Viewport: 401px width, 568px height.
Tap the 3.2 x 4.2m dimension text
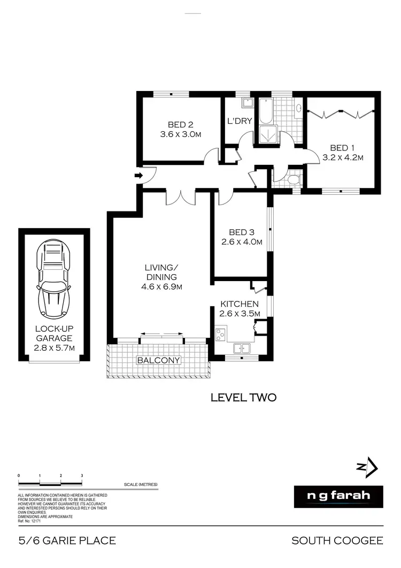click(343, 158)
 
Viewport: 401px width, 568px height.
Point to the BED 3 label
click(242, 232)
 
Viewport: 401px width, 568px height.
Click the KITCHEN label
click(240, 304)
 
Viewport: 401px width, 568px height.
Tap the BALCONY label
click(159, 360)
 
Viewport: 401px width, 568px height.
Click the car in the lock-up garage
click(53, 279)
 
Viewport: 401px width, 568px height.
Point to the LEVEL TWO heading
click(243, 397)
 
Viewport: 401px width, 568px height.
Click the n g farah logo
click(339, 496)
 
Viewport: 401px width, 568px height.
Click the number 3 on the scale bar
click(82, 475)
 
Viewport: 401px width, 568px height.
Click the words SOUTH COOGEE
click(337, 541)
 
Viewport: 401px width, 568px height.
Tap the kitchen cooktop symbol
click(221, 335)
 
